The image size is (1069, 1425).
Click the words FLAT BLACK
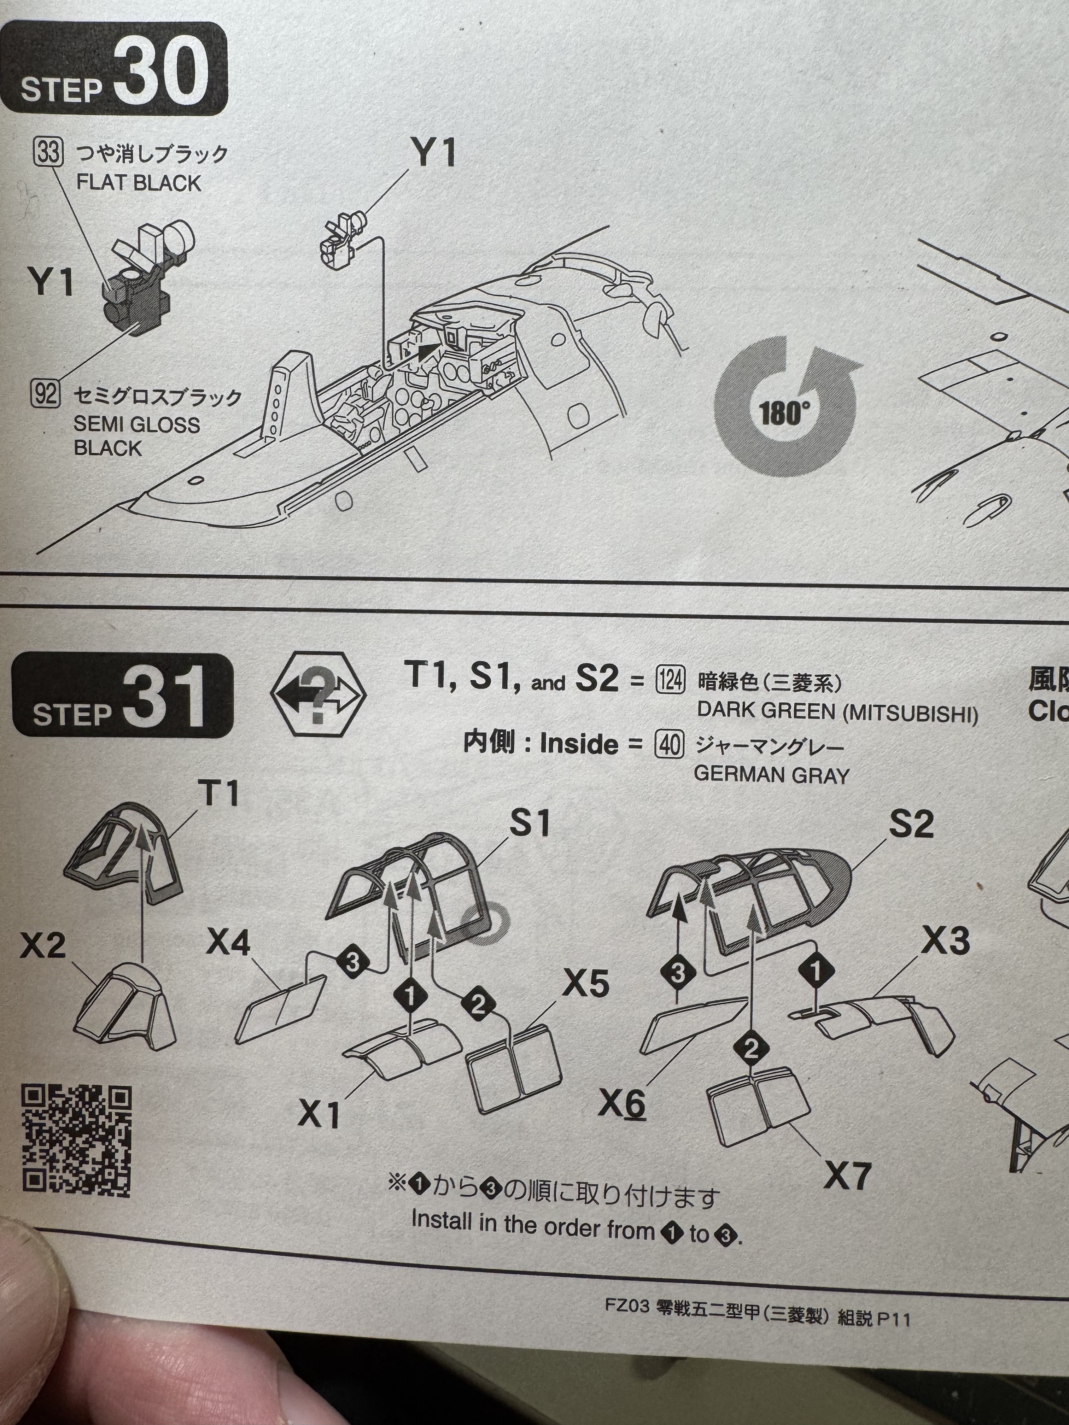click(x=139, y=183)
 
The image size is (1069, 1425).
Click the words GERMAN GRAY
click(x=771, y=774)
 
